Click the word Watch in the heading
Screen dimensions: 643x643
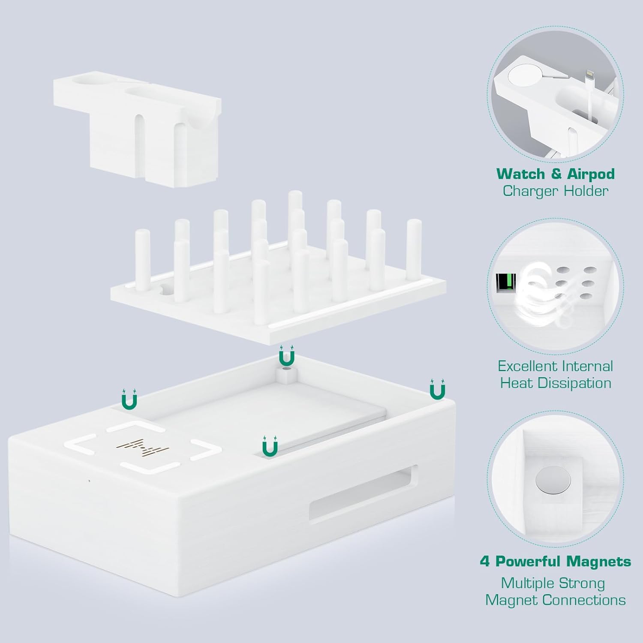pos(521,174)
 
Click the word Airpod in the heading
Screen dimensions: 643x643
pos(591,174)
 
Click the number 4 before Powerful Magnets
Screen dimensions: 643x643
pos(485,562)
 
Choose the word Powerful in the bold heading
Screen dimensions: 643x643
pos(528,562)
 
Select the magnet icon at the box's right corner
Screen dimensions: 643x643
pos(437,389)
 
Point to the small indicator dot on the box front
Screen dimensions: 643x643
pos(89,481)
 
